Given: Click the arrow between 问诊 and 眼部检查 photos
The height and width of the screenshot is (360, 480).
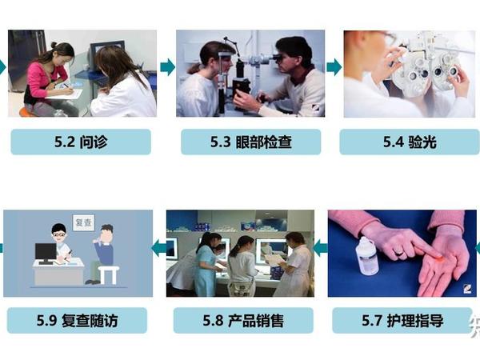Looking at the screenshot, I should tap(167, 67).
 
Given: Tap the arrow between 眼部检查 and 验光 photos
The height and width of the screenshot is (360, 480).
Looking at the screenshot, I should tap(334, 67).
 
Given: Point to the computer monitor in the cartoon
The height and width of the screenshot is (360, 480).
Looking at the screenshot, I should tap(46, 253).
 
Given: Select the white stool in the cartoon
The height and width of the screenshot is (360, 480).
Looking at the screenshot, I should tap(106, 274).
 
